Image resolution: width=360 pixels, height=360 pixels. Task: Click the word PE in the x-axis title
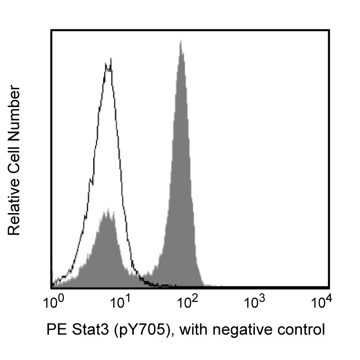click(55, 330)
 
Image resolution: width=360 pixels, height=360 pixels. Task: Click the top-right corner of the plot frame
click(329, 30)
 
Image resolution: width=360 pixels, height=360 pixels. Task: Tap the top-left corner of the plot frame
click(51, 30)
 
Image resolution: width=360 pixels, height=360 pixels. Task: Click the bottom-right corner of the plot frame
click(329, 288)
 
